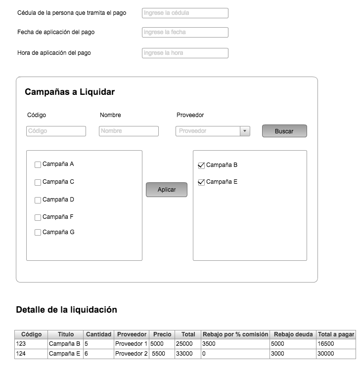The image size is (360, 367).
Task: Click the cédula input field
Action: pos(185,13)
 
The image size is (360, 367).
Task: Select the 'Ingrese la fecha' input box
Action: pos(185,32)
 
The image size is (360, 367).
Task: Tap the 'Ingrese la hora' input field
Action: pos(185,53)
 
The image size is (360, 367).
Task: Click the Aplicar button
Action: pos(167,190)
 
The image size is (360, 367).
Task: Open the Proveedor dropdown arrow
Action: pos(245,131)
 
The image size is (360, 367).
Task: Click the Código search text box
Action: pos(56,131)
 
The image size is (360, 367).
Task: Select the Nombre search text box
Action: pos(129,131)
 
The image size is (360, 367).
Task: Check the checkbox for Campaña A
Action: pos(38,164)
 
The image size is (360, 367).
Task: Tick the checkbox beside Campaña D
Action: pos(38,200)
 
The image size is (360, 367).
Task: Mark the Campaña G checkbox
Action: pos(38,233)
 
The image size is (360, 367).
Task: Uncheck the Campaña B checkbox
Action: pos(201,165)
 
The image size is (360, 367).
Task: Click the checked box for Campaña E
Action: pos(201,182)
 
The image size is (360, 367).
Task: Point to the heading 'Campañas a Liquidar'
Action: pos(70,92)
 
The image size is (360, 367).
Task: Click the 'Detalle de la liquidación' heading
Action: pos(66,310)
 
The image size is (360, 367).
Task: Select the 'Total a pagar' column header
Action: pos(336,334)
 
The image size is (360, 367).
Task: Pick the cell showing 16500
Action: pos(336,344)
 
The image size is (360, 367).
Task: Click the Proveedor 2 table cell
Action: pos(132,354)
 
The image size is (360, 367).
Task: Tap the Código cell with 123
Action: pos(31,344)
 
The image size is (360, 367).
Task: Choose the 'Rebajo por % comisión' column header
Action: pos(235,334)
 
